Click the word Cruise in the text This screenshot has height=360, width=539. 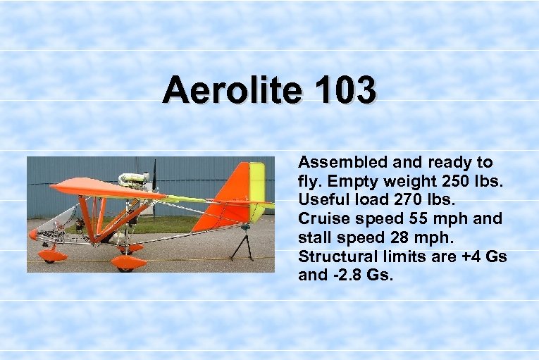[321, 219]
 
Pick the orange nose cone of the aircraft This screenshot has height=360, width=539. [33, 234]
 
